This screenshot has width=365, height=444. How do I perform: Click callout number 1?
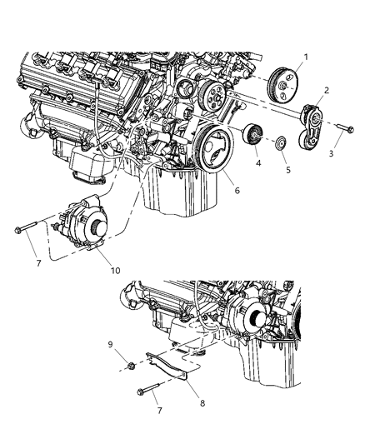tap(305, 57)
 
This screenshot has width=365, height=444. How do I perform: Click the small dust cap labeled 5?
tap(281, 142)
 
